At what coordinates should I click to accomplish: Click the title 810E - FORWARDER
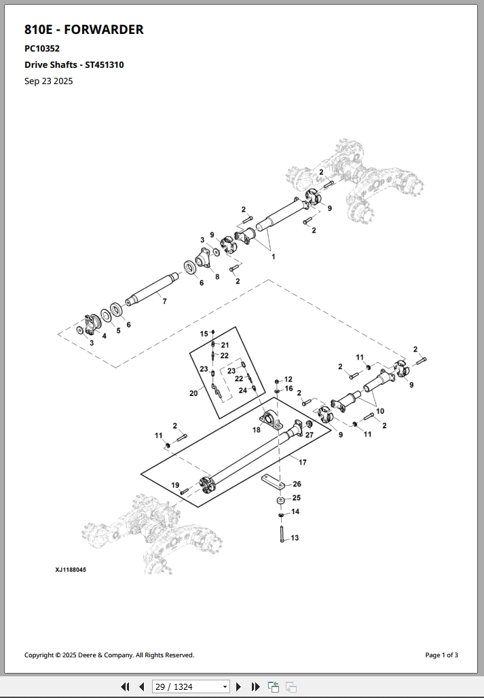pos(83,29)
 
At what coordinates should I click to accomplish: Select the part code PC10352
pos(42,48)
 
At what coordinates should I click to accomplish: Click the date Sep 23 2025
pos(48,81)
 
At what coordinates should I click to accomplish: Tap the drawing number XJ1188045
pos(71,570)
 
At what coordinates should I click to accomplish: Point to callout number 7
pos(164,301)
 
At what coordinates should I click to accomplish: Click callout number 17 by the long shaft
pos(303,462)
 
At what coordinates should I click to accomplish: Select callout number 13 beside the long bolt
pos(295,538)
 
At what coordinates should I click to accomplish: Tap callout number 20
pos(193,393)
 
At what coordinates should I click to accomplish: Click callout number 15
pos(204,334)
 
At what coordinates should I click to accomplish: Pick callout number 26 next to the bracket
pos(297,484)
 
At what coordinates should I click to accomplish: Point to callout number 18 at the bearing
pos(257,430)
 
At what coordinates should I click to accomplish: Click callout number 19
pos(175,485)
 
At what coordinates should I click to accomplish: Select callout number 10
pos(380,411)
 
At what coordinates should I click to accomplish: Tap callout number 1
pos(274,256)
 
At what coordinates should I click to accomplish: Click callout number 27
pos(309,435)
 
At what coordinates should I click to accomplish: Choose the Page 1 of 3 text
pos(441,655)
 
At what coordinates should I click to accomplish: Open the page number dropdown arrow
pos(225,686)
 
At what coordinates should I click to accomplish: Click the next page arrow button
pos(238,686)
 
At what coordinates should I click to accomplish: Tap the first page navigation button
pos(125,686)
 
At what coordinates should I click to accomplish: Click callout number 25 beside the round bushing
pos(297,498)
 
